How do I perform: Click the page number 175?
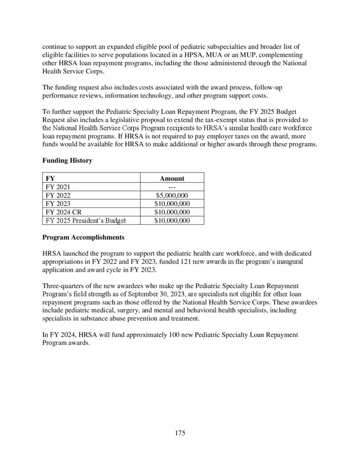coord(180,433)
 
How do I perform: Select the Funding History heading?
coord(67,161)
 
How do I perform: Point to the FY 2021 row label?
coord(58,187)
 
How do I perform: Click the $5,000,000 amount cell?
coord(172,196)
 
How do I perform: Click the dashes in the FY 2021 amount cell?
coord(172,187)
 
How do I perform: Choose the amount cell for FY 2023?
coord(172,204)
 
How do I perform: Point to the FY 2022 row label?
coord(58,196)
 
